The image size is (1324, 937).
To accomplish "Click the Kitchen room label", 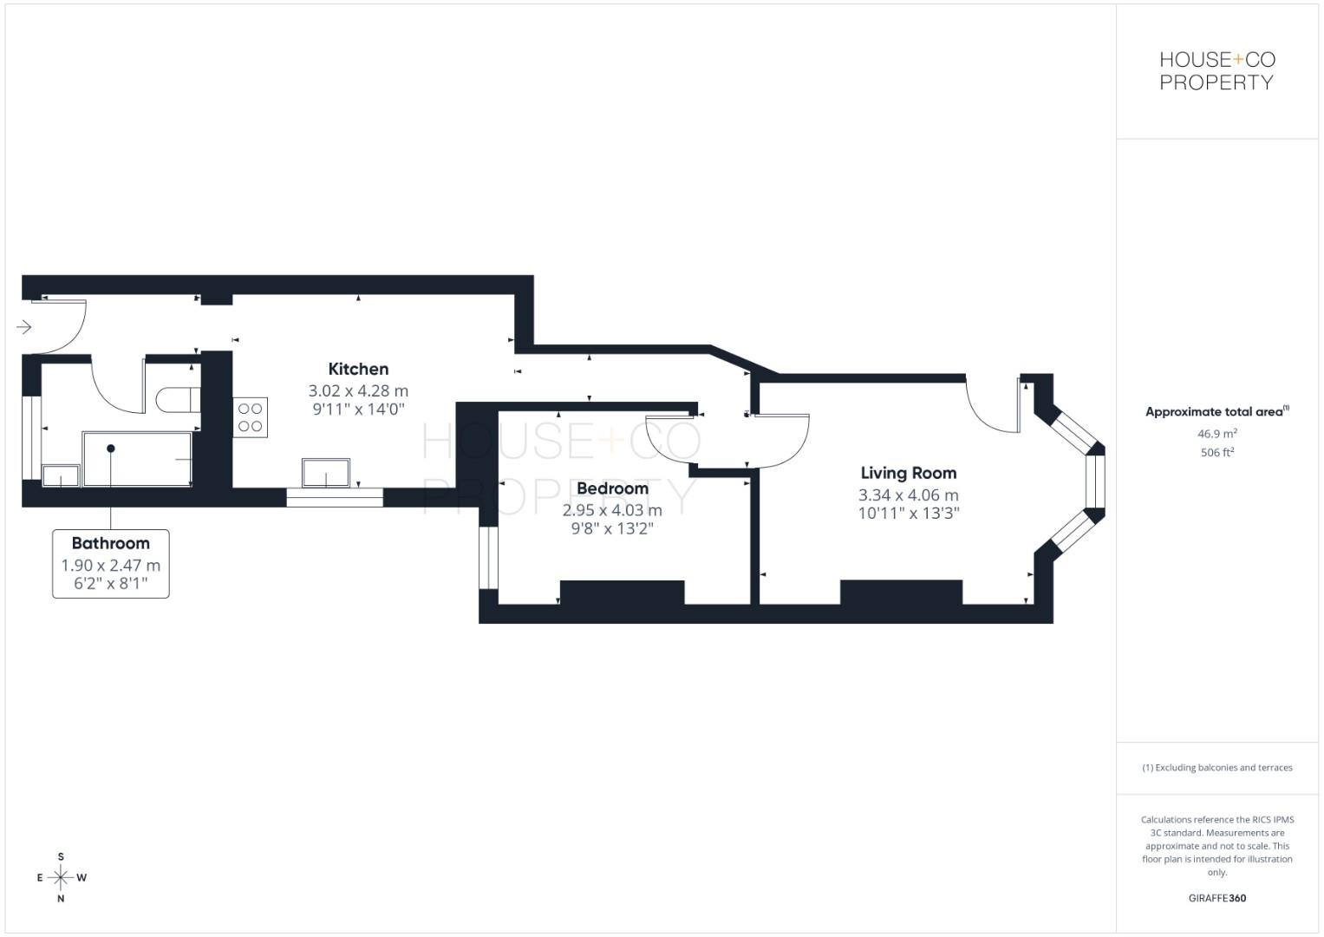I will point(358,369).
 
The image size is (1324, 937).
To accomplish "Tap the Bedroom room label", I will point(612,488).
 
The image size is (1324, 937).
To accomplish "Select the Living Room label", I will point(908,473).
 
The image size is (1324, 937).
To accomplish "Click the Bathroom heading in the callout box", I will point(110,543).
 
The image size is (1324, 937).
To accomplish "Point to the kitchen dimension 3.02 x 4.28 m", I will point(358,391).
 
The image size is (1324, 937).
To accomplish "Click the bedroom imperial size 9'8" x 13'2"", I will point(612,528).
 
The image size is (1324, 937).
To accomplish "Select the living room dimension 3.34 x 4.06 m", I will point(908,495).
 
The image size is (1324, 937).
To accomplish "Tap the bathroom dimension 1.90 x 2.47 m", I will point(110,566).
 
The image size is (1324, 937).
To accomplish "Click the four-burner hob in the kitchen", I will point(250,417).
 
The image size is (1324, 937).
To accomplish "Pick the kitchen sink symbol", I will point(326,473).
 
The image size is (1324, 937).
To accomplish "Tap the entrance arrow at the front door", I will point(24,327).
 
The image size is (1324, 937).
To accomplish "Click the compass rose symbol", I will point(61,877).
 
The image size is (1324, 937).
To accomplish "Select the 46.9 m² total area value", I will point(1216,433).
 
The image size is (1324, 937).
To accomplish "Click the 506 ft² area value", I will point(1216,452).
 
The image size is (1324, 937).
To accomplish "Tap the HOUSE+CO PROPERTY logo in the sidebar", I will point(1216,71).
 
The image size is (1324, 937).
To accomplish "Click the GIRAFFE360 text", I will point(1216,898).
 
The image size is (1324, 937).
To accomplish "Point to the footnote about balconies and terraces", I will point(1216,768).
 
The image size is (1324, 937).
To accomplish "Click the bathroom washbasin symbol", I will point(61,475).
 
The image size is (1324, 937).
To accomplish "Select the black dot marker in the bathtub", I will point(111,449).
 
